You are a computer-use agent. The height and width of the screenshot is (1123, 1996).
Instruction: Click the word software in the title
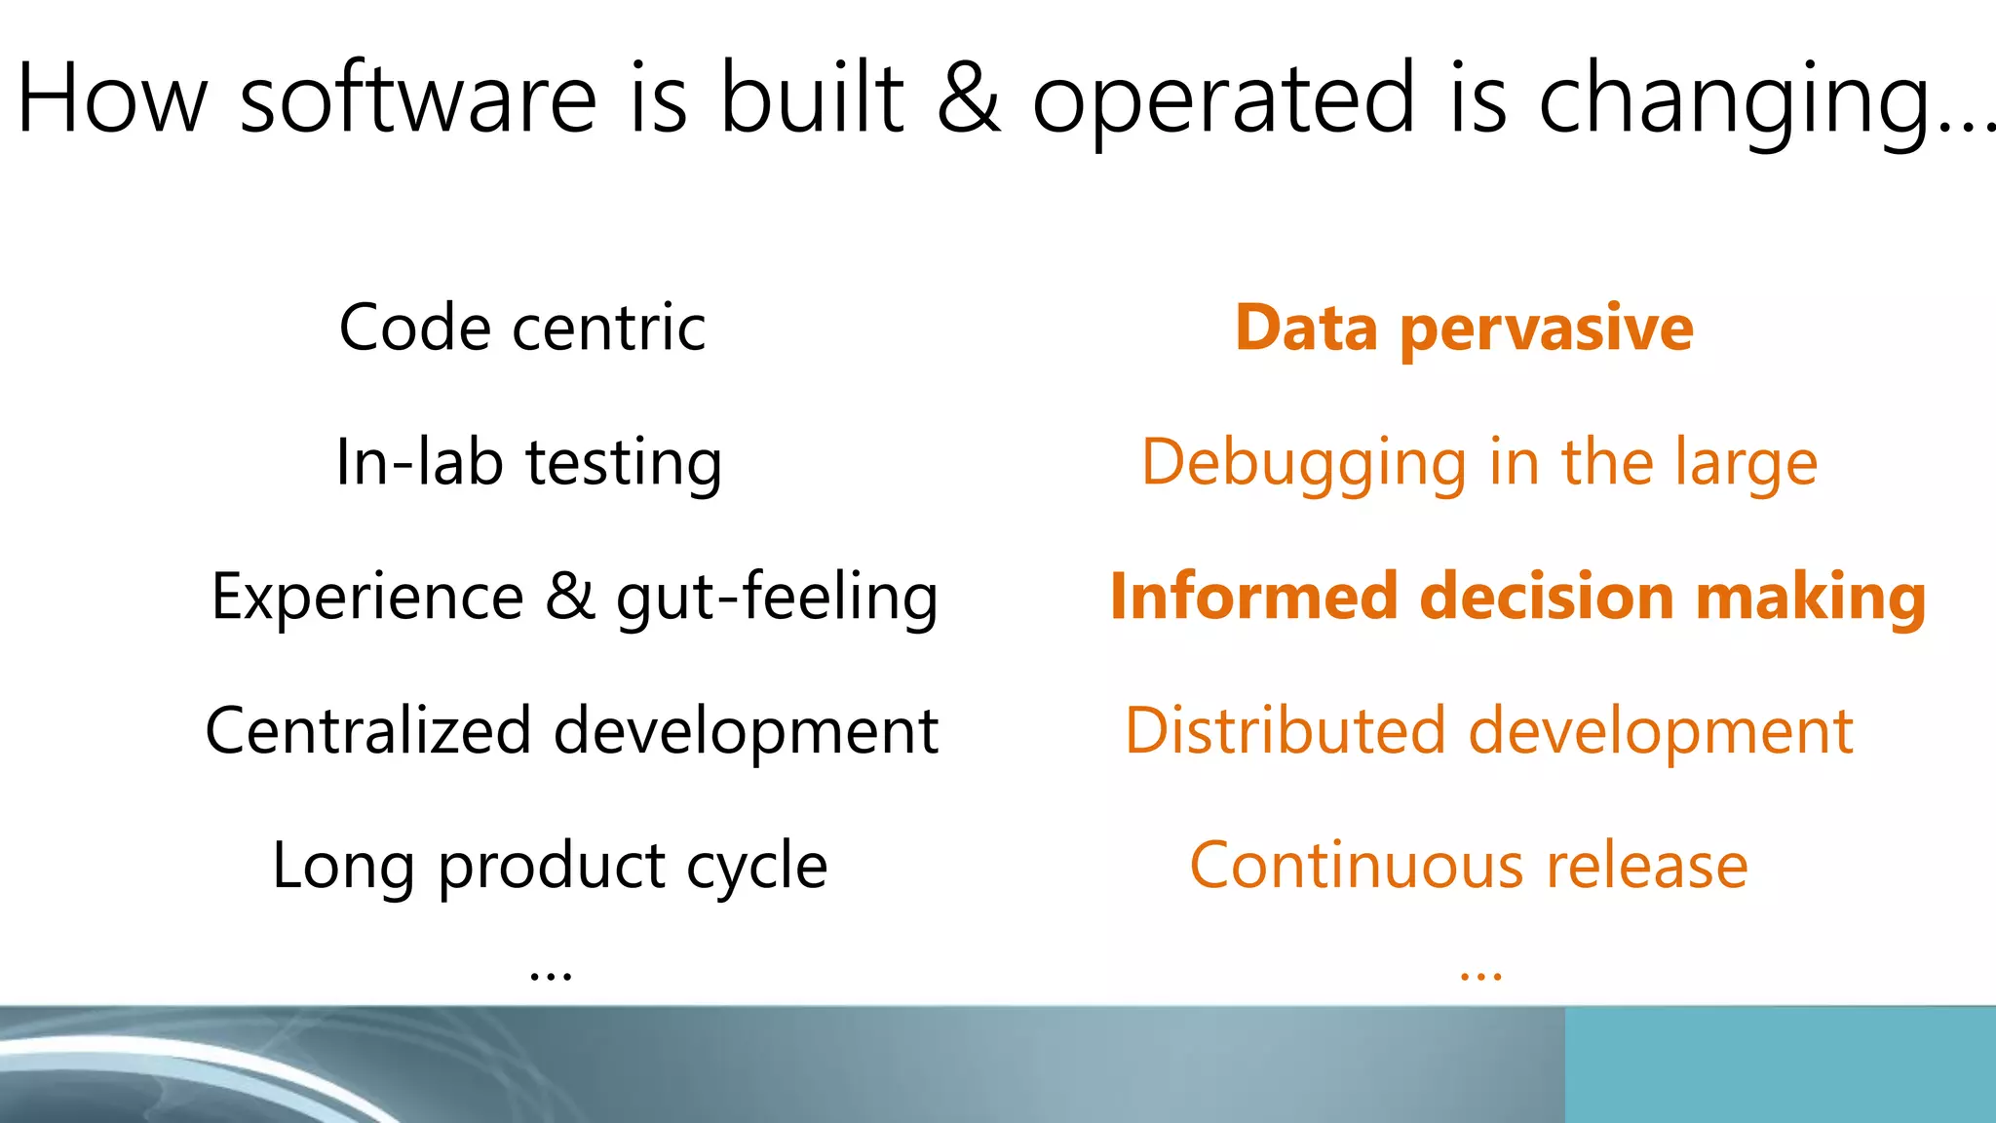417,98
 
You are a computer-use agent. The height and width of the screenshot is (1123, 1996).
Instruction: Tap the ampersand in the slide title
968,98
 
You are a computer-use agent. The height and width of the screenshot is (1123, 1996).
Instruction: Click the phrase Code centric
522,328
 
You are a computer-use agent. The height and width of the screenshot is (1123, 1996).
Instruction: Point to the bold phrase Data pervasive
1464,329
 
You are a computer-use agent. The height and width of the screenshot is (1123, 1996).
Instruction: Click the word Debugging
1304,464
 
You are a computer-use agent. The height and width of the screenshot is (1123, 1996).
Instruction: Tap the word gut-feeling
777,598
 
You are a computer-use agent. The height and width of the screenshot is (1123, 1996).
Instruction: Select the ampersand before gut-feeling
570,597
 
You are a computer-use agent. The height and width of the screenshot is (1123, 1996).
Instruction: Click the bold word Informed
1254,597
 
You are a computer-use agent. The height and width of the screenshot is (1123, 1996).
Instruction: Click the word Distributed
1286,731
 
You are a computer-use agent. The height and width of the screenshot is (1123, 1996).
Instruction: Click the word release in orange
1647,866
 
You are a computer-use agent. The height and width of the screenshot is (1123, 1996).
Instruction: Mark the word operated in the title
1222,100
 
